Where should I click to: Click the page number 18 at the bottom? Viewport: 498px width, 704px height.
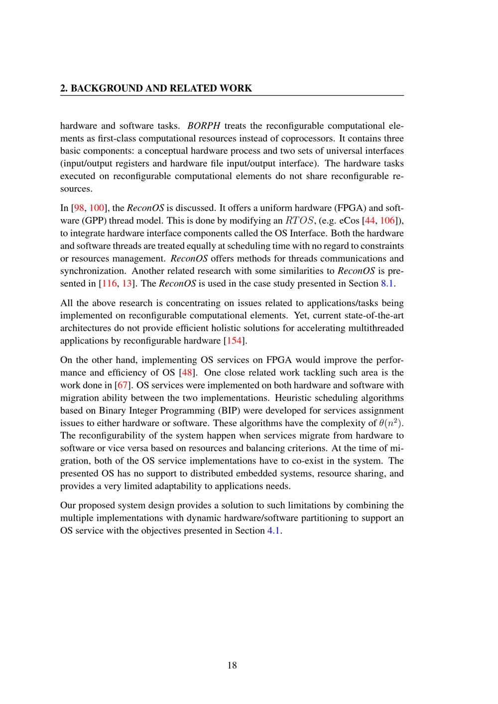coord(232,665)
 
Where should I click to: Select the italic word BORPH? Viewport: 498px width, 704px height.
coord(204,125)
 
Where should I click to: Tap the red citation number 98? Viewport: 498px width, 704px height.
coord(79,208)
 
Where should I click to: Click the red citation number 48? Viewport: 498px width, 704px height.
coord(189,372)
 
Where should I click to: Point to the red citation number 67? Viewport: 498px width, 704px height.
coord(123,385)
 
